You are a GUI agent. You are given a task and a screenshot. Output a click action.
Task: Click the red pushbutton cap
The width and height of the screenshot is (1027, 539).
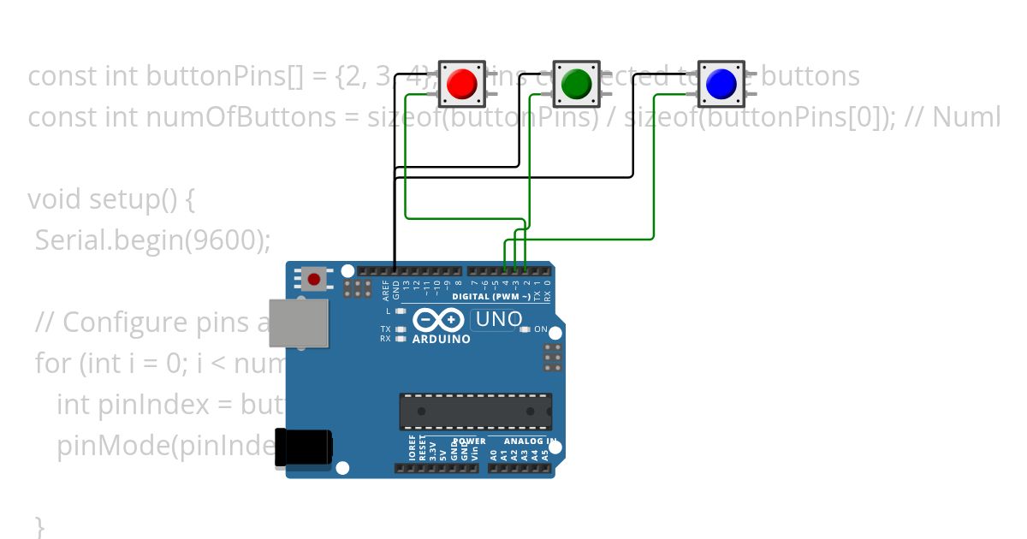pos(462,83)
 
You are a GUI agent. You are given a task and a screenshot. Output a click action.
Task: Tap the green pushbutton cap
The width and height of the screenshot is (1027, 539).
pos(577,83)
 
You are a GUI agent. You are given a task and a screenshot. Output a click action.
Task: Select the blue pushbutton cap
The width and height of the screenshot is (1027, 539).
pos(721,83)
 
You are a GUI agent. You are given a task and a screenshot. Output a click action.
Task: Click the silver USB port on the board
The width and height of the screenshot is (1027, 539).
pos(299,323)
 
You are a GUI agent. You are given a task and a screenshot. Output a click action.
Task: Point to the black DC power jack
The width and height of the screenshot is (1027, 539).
pos(303,447)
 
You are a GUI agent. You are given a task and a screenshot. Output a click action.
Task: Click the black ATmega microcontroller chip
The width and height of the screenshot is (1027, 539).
pos(476,412)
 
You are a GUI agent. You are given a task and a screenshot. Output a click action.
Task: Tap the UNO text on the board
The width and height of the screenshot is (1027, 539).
pos(497,320)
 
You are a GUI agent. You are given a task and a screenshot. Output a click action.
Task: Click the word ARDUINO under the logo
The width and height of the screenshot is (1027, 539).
pos(442,339)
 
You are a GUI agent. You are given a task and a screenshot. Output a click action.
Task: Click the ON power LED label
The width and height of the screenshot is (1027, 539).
pos(541,329)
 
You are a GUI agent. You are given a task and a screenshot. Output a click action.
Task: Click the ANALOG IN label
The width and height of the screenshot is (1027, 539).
pos(529,441)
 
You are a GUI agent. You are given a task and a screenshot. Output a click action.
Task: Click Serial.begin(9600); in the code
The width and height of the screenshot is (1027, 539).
pos(152,240)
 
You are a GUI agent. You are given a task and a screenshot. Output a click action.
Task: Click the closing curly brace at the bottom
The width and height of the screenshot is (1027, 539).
pos(39,525)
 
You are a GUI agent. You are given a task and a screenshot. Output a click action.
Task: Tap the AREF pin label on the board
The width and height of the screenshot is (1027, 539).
pos(385,290)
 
